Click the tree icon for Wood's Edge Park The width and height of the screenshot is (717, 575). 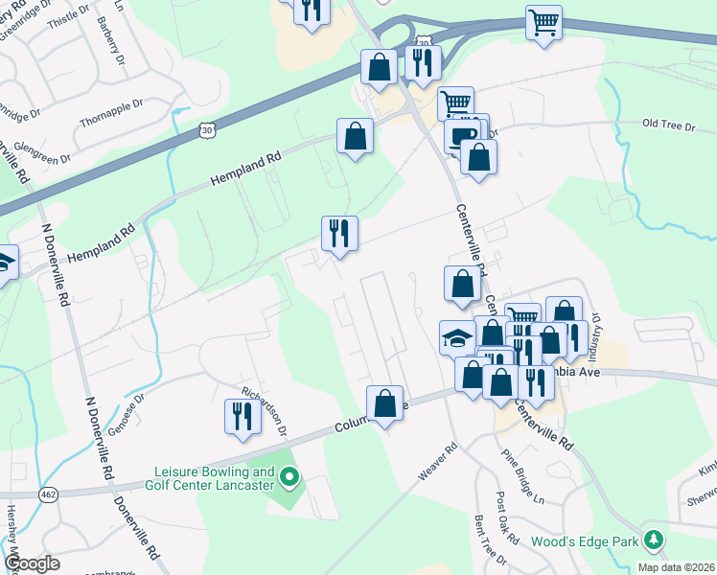[654, 540]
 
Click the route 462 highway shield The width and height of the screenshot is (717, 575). [47, 494]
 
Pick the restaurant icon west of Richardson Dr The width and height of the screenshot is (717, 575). [240, 416]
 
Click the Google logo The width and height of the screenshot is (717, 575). [32, 563]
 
